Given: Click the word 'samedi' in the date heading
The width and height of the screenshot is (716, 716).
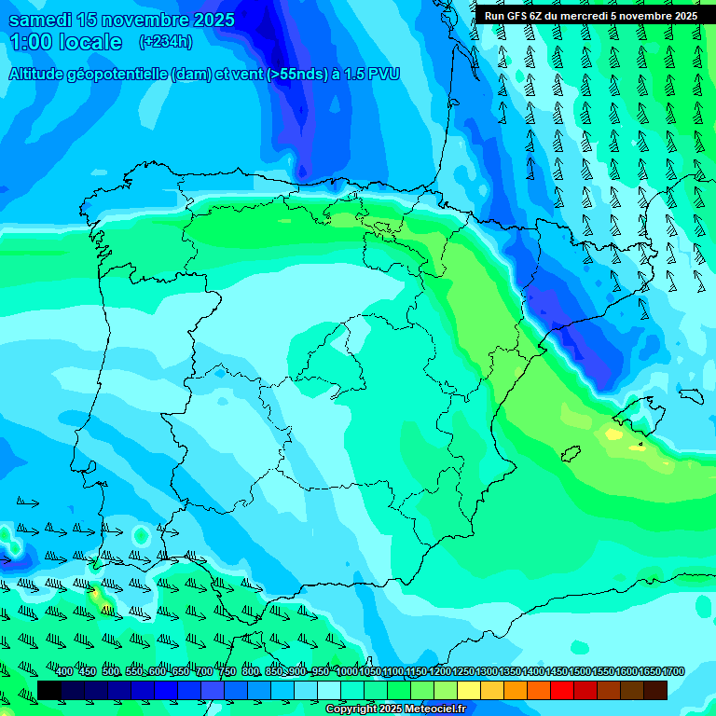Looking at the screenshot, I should tap(39, 20).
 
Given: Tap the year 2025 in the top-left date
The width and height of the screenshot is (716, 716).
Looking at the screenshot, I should tap(208, 20).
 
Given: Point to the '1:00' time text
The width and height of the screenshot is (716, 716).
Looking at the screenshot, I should tap(28, 42).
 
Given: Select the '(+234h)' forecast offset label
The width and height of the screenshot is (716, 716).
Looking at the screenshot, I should tap(165, 42).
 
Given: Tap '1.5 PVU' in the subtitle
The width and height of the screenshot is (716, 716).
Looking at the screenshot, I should tap(372, 74).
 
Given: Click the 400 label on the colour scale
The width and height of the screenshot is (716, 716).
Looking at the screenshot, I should tap(64, 672).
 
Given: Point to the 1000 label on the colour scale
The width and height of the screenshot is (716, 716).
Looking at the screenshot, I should tap(346, 672).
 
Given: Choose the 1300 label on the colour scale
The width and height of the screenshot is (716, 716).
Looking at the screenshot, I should tap(486, 672).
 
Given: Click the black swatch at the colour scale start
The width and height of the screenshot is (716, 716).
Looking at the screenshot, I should tap(49, 690).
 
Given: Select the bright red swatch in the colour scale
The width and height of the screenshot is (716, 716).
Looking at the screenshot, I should tap(562, 690).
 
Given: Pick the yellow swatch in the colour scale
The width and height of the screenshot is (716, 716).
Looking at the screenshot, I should tap(469, 690).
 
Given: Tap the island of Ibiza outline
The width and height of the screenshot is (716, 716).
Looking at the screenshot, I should tap(571, 453).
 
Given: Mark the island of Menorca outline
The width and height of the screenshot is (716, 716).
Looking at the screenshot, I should tap(690, 395).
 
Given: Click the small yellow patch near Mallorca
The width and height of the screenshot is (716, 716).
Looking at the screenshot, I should tap(613, 434).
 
